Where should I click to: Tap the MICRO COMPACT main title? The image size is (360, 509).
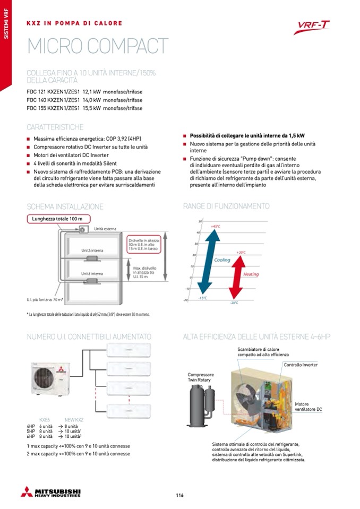[97, 47]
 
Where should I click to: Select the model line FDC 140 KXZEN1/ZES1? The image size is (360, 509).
[84, 100]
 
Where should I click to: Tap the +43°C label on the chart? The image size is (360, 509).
[216, 227]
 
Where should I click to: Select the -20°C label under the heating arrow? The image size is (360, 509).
[234, 303]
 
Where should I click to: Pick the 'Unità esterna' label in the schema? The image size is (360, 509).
[105, 229]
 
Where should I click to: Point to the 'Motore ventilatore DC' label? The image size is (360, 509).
[308, 407]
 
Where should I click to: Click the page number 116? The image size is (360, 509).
[179, 495]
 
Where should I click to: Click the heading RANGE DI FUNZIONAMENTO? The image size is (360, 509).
[226, 206]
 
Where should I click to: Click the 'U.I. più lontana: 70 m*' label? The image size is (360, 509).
[45, 300]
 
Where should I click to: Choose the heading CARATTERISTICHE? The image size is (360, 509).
[55, 127]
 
